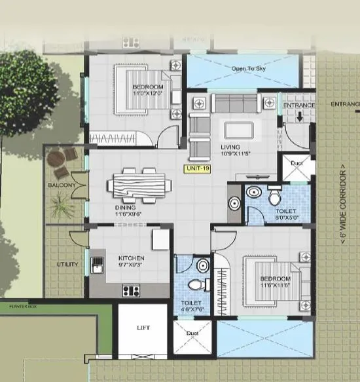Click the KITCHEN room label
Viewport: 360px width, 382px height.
pyautogui.click(x=131, y=258)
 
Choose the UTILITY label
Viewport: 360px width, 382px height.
pyautogui.click(x=67, y=265)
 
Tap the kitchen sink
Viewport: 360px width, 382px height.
pyautogui.click(x=98, y=265)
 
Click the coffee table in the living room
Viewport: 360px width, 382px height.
pyautogui.click(x=235, y=128)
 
